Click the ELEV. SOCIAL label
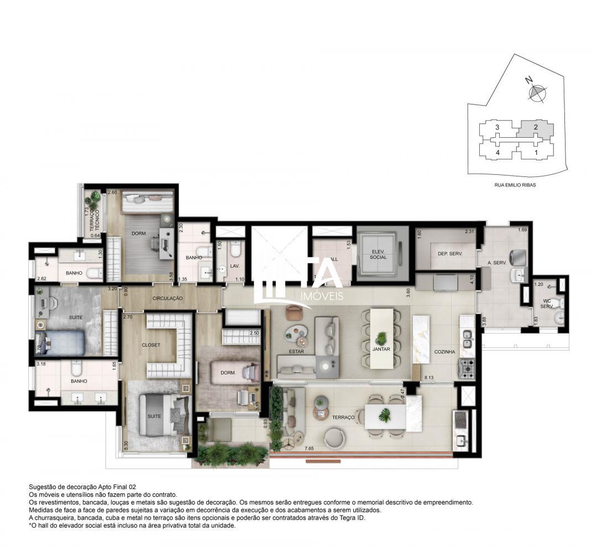click(379, 254)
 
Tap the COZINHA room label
click(444, 351)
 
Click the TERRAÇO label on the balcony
click(343, 417)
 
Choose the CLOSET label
click(151, 345)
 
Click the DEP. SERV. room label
click(449, 253)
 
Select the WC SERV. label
click(546, 304)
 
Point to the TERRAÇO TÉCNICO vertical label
click(95, 219)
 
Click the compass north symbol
click(536, 92)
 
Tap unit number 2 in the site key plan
click(535, 127)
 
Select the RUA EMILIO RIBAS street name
click(515, 185)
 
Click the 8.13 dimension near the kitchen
click(429, 378)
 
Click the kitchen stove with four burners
click(467, 367)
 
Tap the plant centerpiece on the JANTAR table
click(381, 337)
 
